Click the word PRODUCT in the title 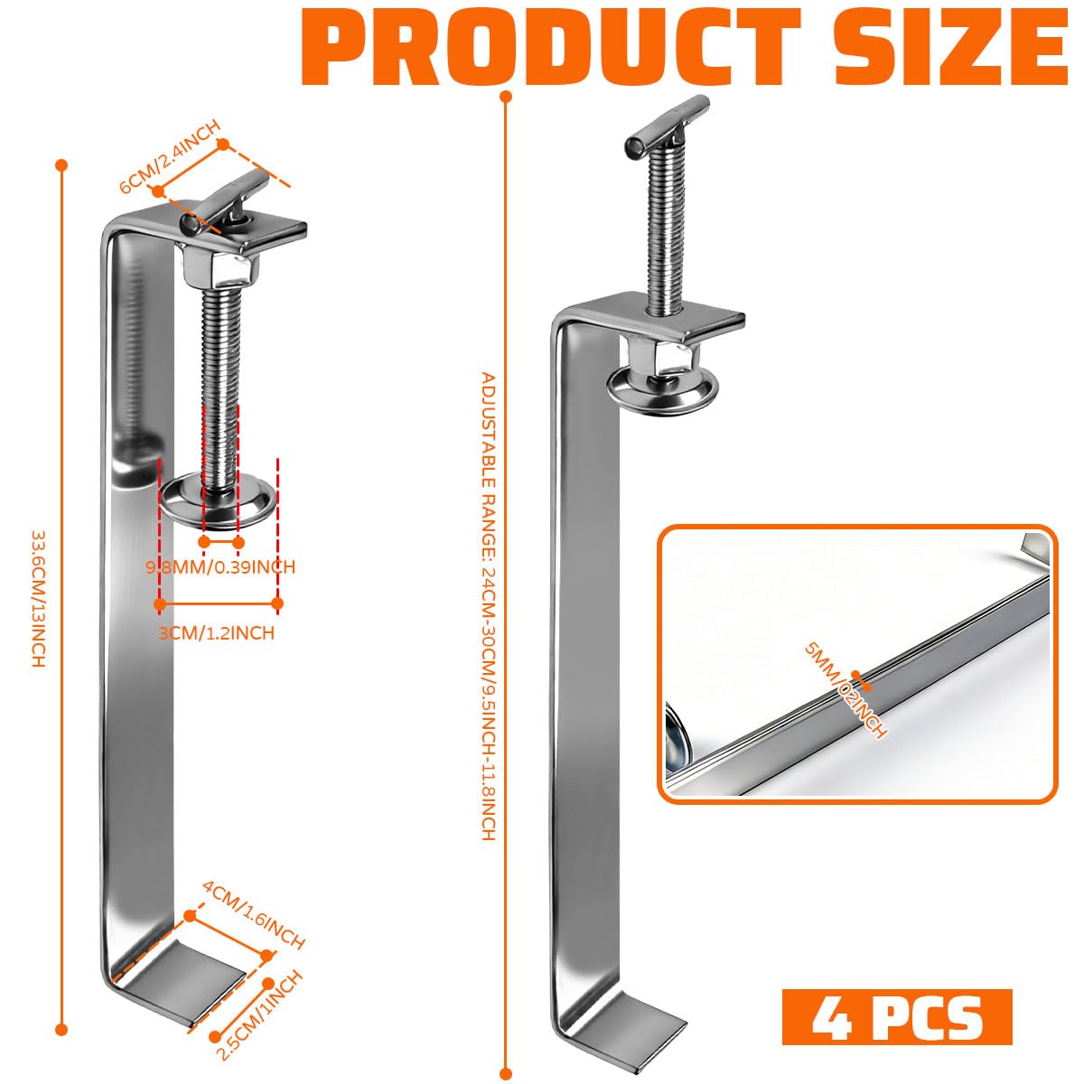tap(552, 46)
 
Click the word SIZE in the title tap(951, 46)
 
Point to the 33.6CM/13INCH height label tap(38, 599)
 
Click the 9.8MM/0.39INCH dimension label tap(220, 566)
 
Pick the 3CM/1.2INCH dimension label tap(217, 633)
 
